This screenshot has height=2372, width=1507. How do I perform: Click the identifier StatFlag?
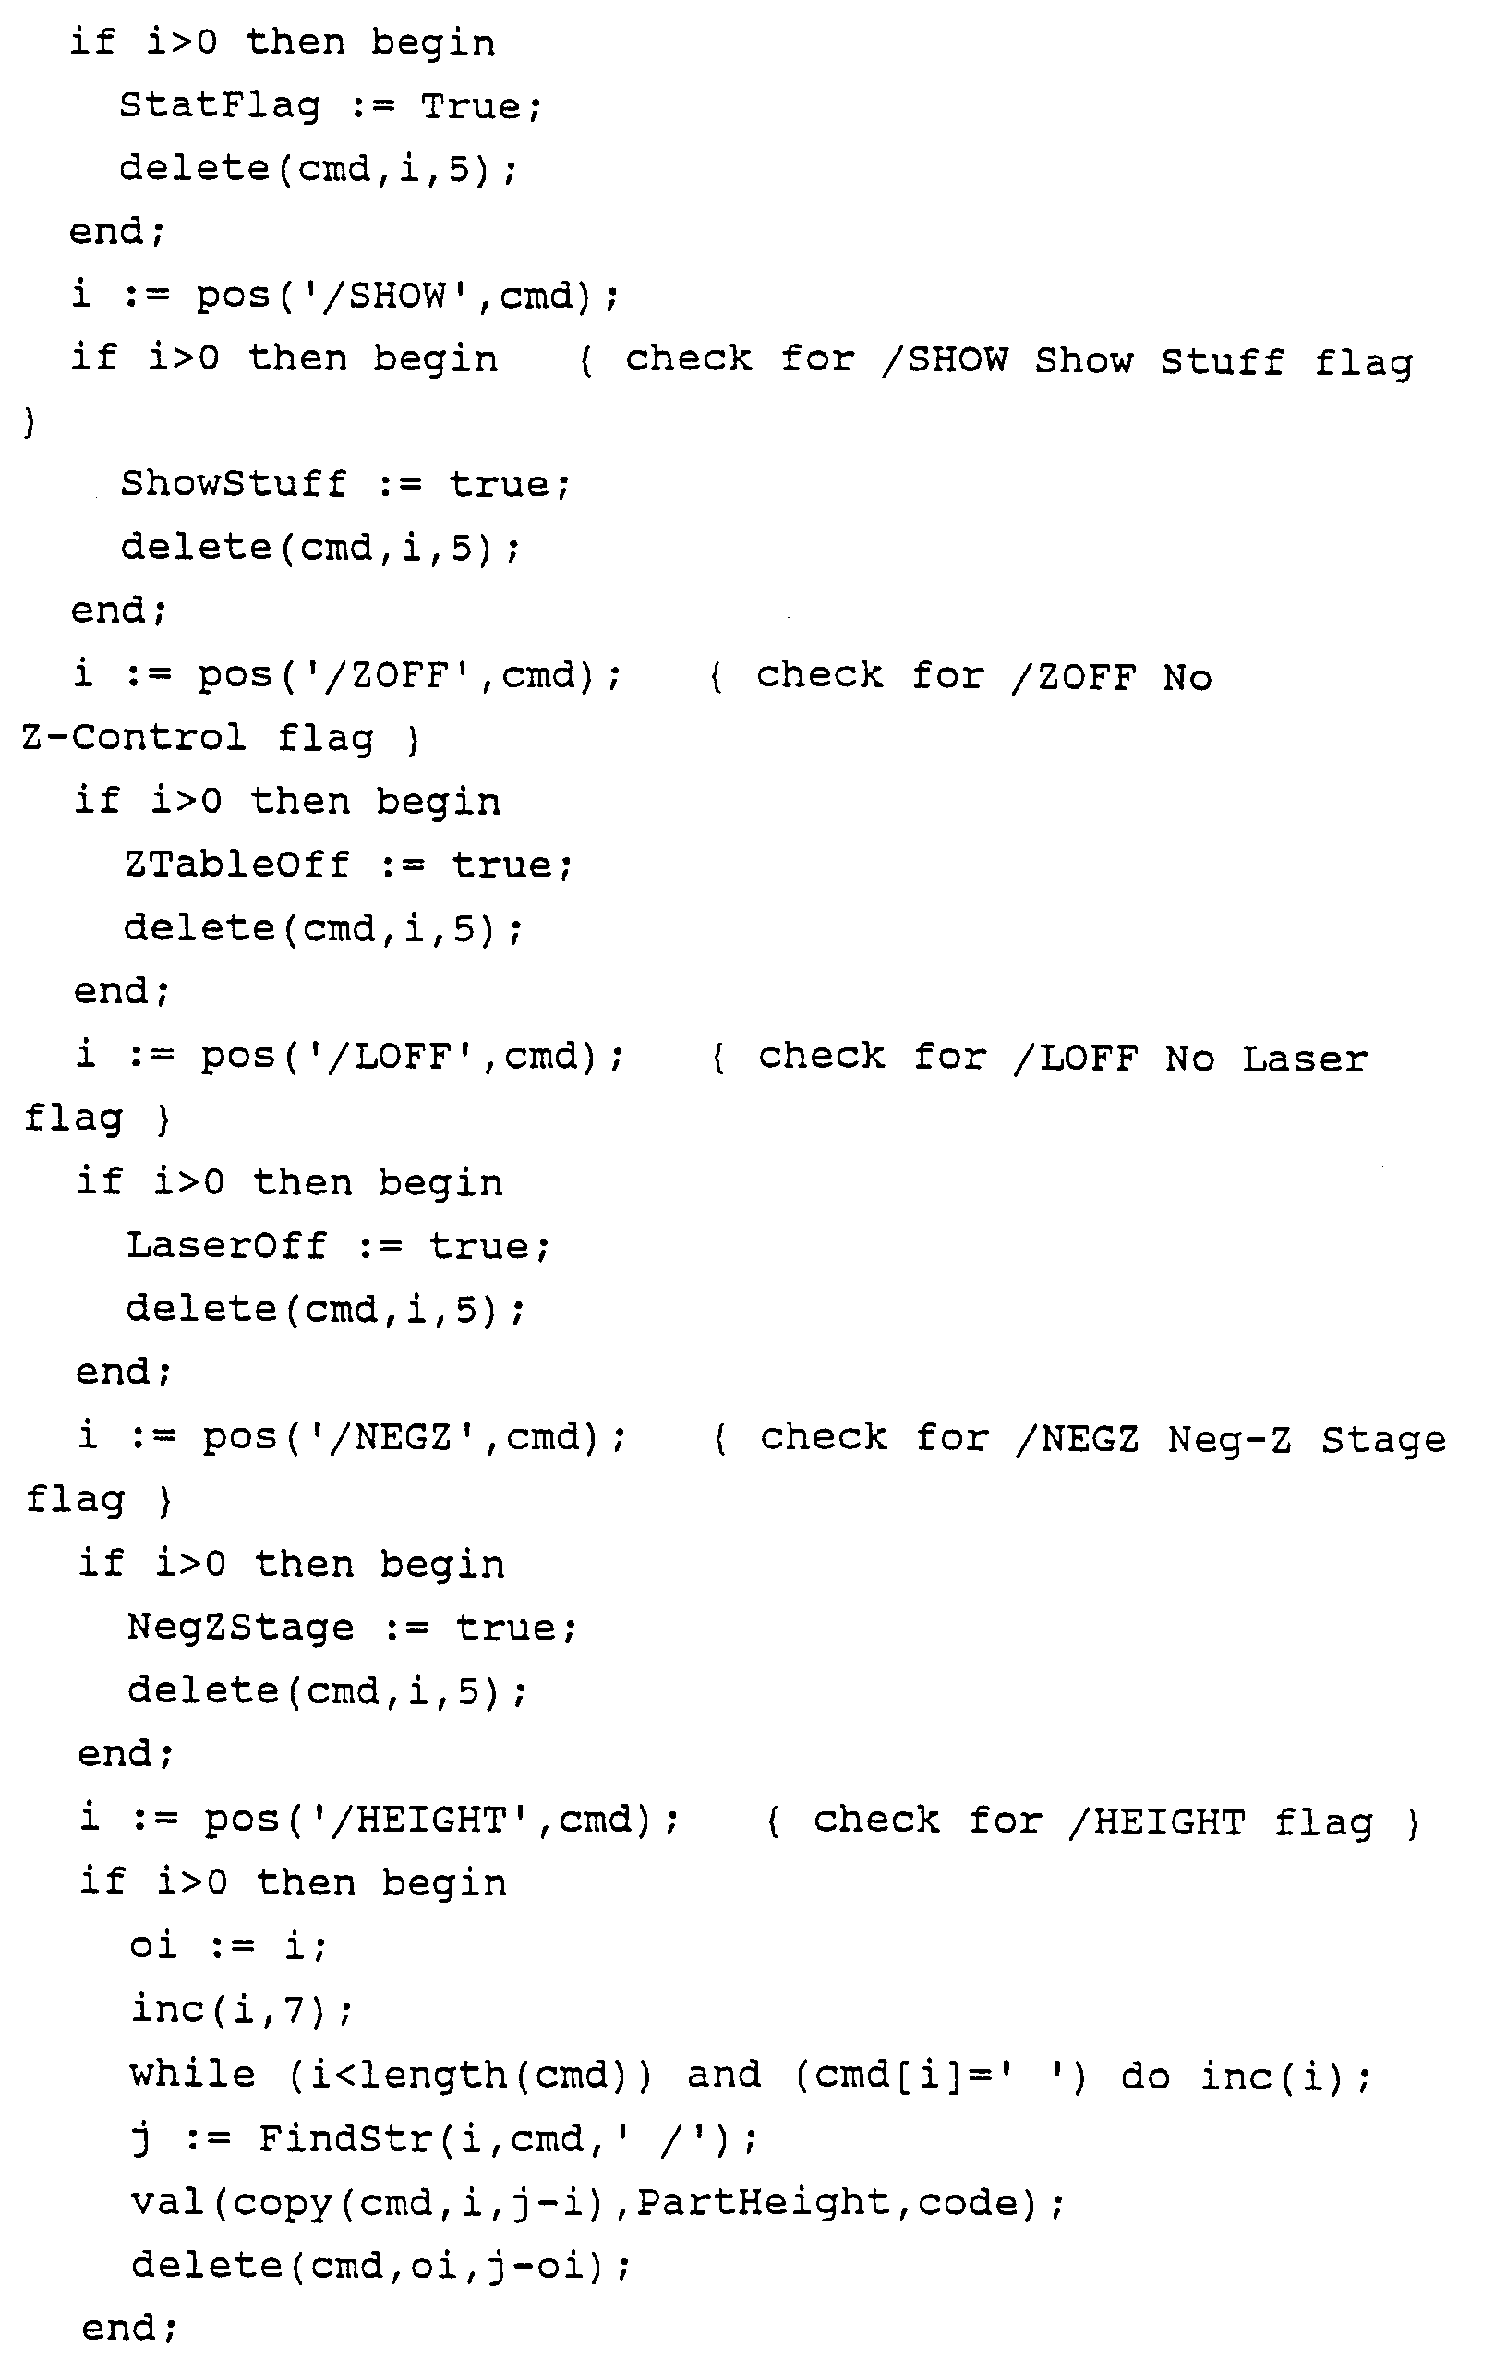click(219, 105)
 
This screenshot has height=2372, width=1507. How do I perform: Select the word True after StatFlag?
click(470, 105)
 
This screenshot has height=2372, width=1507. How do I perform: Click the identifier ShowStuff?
click(233, 484)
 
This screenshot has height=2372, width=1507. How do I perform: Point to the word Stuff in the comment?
click(1221, 360)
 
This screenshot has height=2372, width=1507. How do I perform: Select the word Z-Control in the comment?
click(133, 738)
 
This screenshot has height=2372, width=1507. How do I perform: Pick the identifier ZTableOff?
click(236, 865)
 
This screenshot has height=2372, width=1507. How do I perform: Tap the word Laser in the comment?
click(1304, 1059)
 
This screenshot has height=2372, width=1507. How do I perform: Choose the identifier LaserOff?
click(225, 1245)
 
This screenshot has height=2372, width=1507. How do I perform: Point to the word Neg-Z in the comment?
click(1228, 1440)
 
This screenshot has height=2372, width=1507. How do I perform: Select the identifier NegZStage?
click(239, 1627)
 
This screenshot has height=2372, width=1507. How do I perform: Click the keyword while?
click(192, 2074)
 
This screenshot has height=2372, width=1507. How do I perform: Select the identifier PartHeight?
click(764, 2202)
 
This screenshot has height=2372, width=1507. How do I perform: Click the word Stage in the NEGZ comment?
click(1383, 1440)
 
